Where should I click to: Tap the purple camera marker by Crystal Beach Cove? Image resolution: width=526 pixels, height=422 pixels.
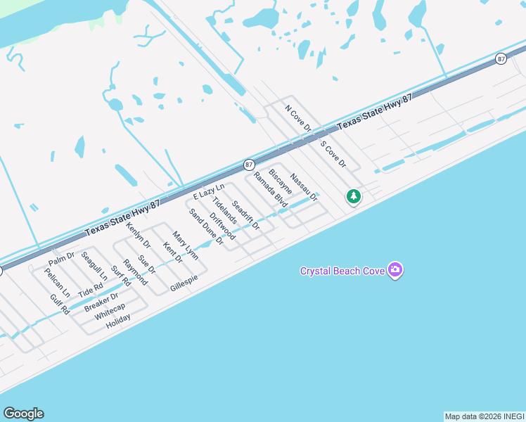(x=394, y=270)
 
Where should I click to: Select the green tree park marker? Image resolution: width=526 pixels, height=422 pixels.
(x=354, y=196)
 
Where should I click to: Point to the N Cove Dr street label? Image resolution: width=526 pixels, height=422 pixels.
(x=297, y=117)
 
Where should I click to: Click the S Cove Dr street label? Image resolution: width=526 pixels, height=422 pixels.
(x=333, y=154)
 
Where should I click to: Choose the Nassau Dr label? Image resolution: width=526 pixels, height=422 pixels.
(x=304, y=188)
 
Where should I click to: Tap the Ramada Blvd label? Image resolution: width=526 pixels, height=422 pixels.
(x=271, y=189)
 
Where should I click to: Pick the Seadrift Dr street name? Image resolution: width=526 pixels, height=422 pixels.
(x=245, y=216)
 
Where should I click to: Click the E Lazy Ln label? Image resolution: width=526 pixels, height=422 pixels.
(x=209, y=191)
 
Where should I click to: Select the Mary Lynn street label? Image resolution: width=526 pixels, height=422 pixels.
(x=186, y=246)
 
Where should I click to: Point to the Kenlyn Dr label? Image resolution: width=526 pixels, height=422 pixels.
(x=139, y=236)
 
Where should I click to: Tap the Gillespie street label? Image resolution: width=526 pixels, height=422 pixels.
(x=184, y=283)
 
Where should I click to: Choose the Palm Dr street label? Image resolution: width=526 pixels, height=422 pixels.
(x=61, y=259)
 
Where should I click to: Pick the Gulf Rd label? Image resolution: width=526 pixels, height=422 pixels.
(x=60, y=304)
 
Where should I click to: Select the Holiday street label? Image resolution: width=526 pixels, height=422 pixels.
(x=118, y=319)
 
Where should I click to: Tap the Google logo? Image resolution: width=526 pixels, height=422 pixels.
(x=24, y=414)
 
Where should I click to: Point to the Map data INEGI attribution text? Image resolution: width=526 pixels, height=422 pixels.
(x=484, y=416)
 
